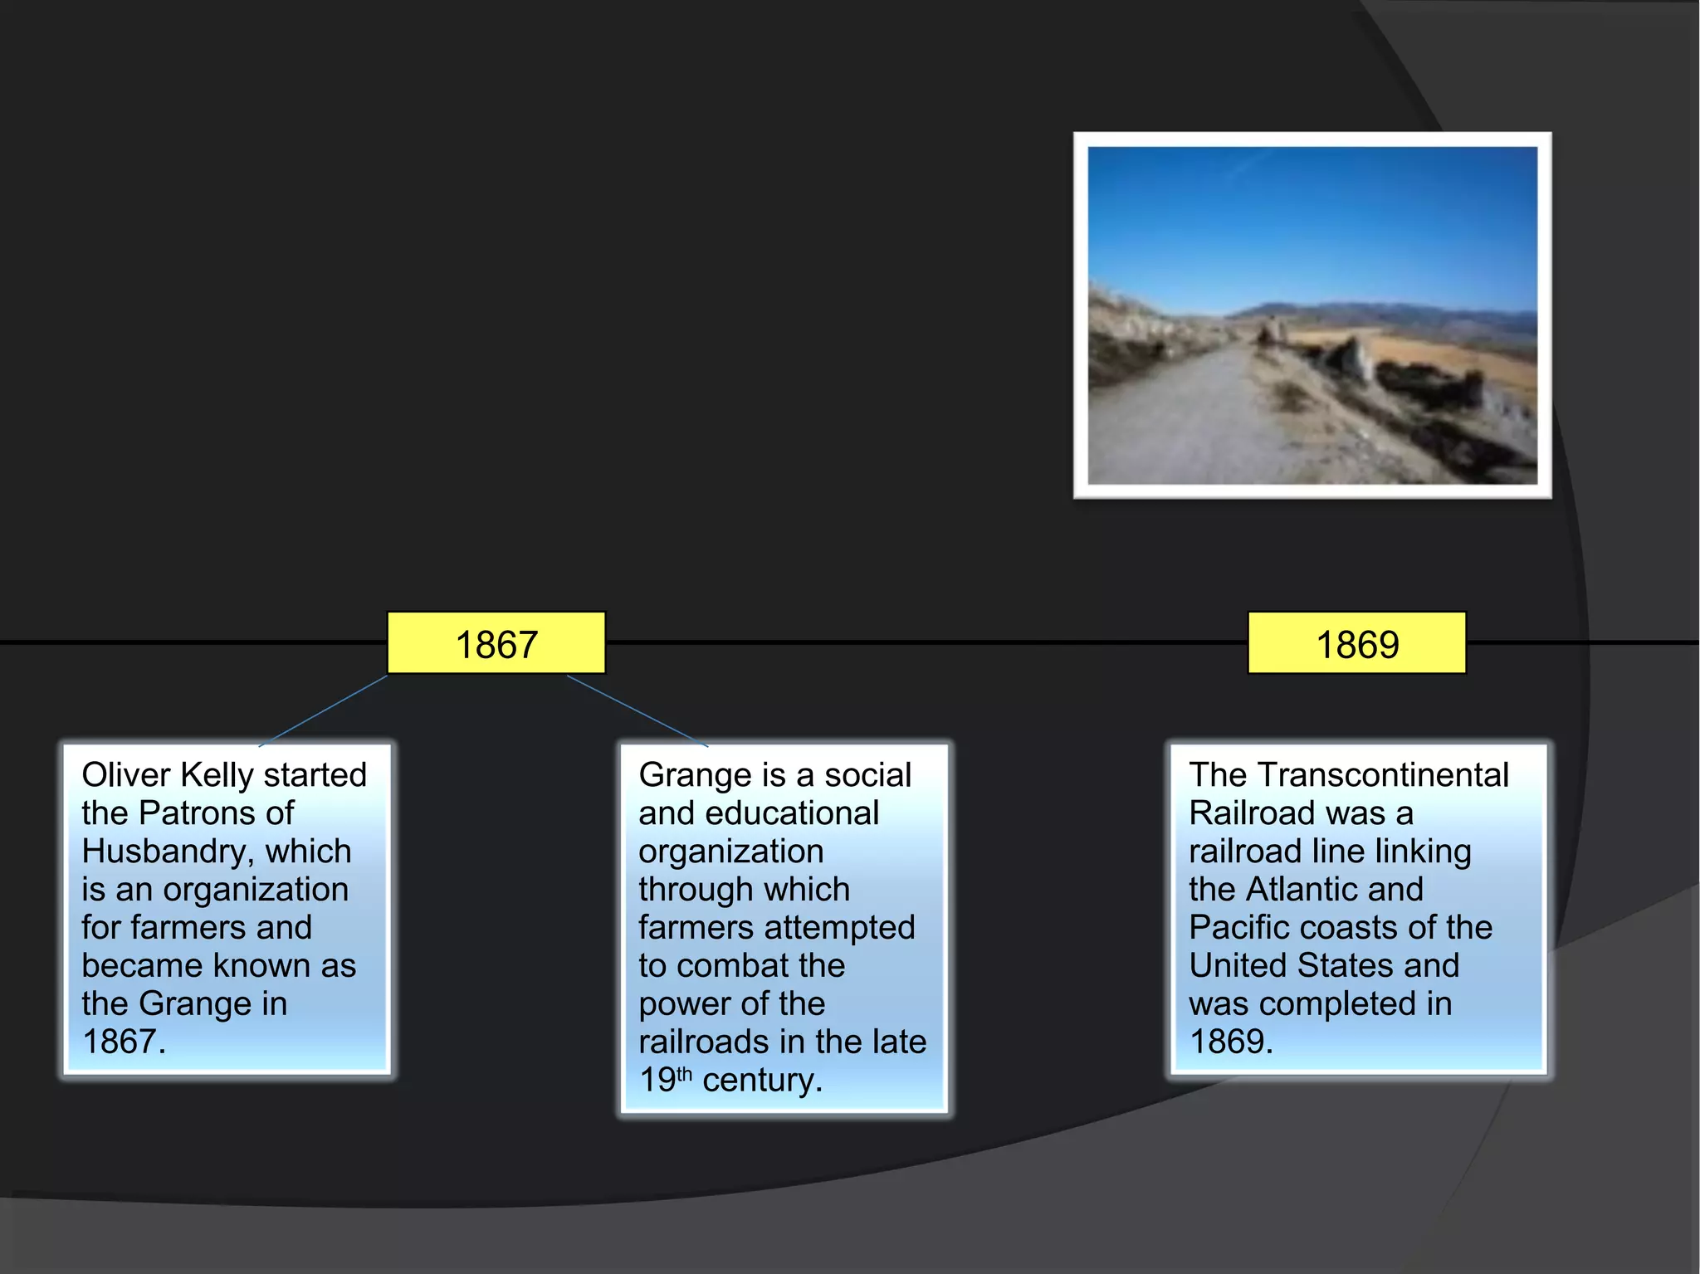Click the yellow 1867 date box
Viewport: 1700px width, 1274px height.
496,643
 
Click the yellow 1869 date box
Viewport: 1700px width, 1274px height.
1356,643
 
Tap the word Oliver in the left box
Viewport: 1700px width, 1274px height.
125,775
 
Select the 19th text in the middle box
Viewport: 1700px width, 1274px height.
664,1080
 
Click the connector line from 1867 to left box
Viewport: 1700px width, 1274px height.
324,711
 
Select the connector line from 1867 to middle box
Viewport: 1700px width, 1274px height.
637,711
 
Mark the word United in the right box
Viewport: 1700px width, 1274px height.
1238,966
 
